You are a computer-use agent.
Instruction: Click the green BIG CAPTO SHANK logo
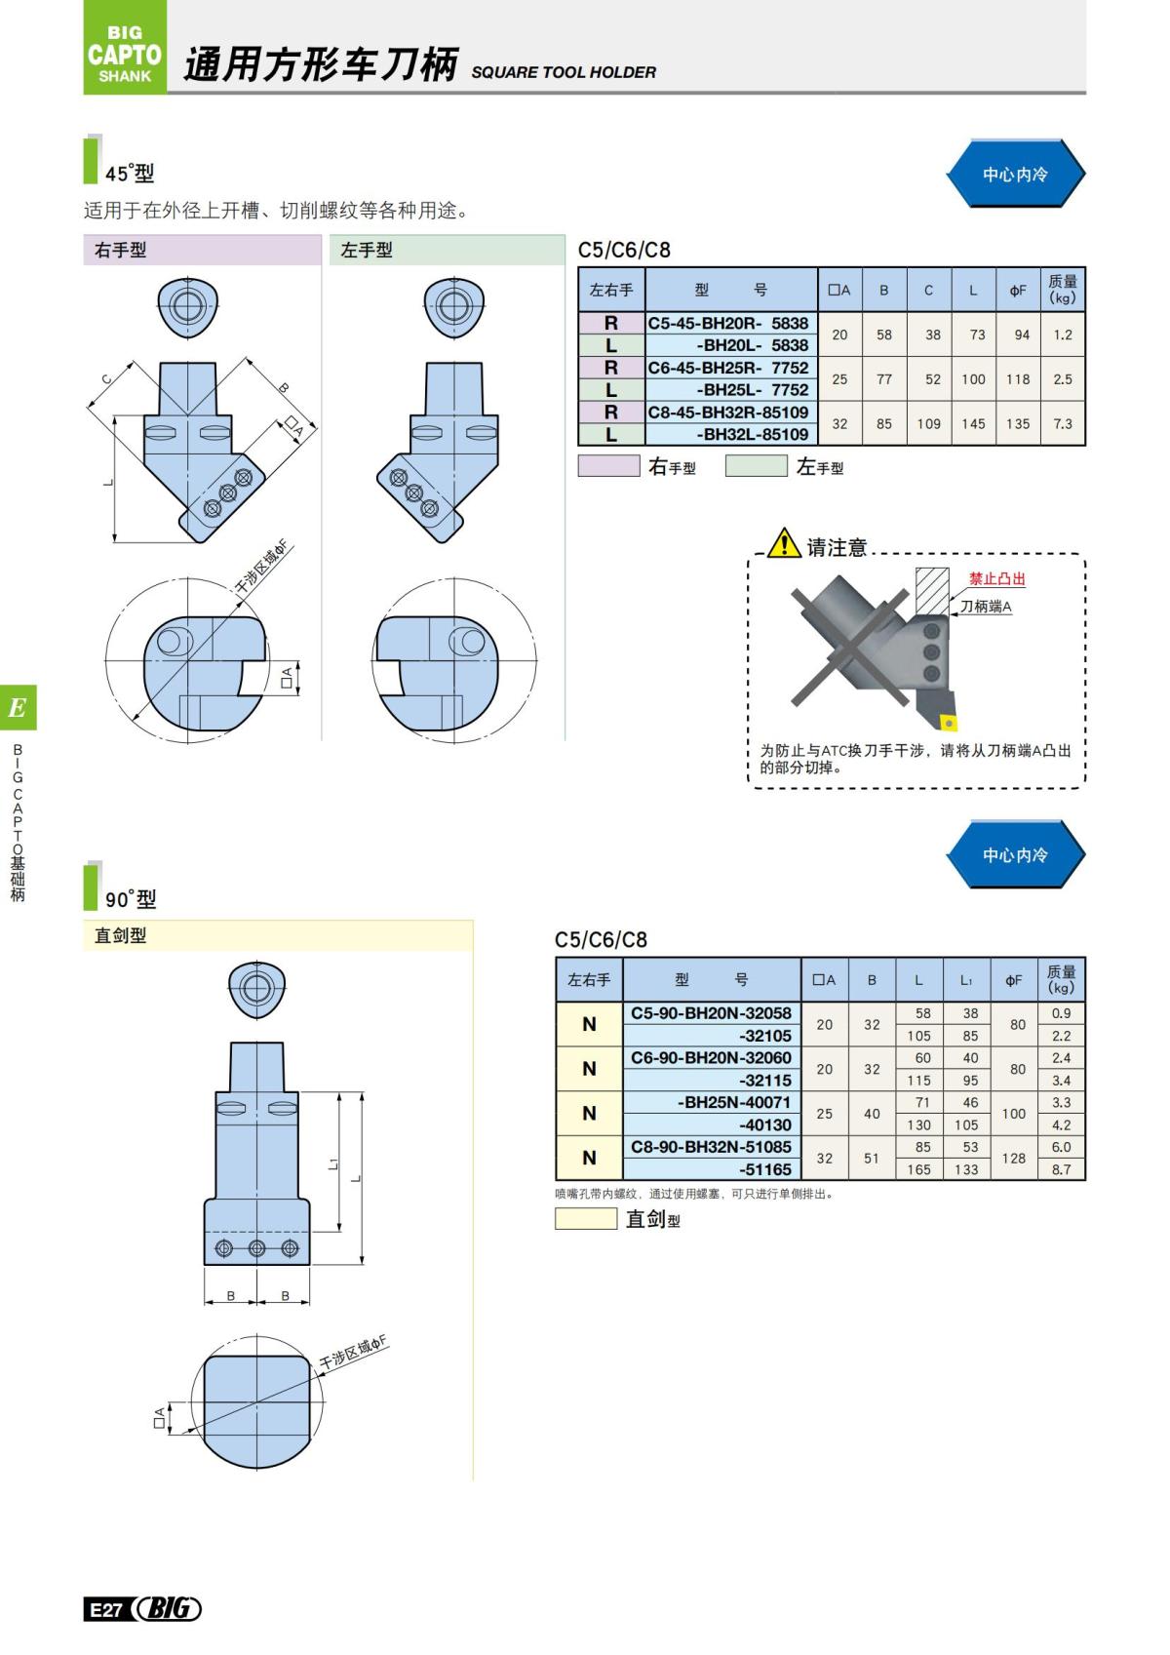coord(125,49)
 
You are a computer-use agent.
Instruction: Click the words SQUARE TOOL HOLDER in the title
coord(563,72)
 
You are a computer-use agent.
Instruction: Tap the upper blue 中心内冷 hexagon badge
coord(1015,175)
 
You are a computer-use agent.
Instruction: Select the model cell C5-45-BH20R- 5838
coord(729,323)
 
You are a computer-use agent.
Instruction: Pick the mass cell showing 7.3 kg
coord(1062,424)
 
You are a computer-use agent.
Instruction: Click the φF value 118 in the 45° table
coord(1018,379)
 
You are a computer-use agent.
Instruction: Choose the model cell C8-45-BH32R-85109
coord(729,413)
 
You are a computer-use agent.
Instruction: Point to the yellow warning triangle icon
coord(784,542)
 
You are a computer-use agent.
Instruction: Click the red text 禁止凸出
coord(996,579)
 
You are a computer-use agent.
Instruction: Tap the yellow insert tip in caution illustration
coord(947,724)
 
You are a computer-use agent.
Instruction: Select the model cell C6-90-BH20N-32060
coord(711,1058)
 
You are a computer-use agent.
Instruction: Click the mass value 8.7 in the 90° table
coord(1061,1169)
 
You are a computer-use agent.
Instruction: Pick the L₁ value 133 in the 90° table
coord(966,1169)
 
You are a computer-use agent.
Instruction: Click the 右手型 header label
coord(121,251)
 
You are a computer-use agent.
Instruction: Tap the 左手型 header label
coord(367,251)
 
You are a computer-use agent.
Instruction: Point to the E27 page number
coord(105,1610)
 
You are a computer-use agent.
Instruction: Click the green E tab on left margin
coord(18,708)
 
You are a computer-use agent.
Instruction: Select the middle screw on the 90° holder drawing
coord(257,1248)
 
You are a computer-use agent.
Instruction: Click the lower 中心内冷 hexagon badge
coord(1015,855)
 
